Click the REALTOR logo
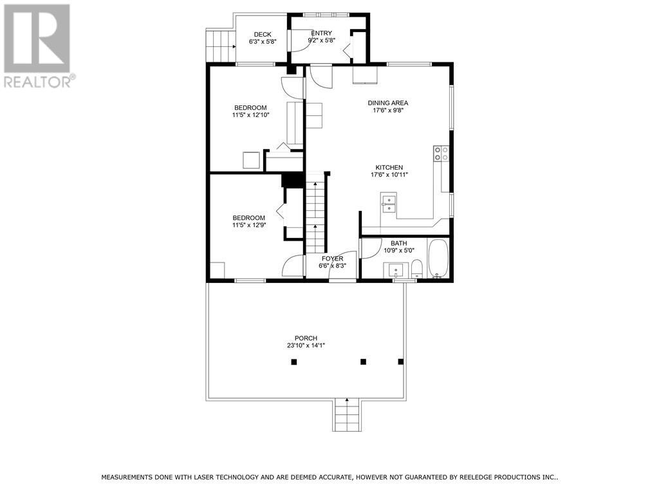(x=37, y=46)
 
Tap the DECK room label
(x=262, y=35)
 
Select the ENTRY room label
(x=321, y=33)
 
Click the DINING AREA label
(x=387, y=103)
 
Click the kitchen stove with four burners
(x=441, y=153)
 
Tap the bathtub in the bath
(x=439, y=259)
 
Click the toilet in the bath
(x=416, y=268)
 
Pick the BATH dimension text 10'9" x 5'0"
(x=399, y=251)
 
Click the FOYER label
(x=333, y=259)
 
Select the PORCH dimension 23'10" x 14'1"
(x=306, y=345)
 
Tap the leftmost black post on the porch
(x=294, y=362)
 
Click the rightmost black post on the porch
(x=401, y=362)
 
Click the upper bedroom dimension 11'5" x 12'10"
(x=250, y=115)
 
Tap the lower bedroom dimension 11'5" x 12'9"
(x=248, y=226)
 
